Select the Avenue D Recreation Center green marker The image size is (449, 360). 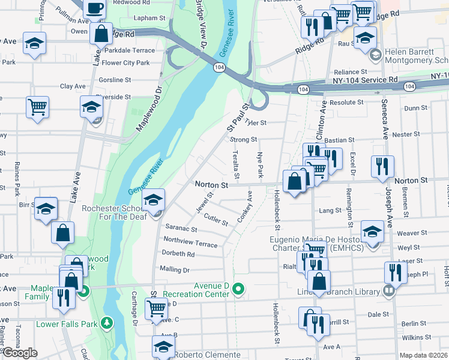click(238, 289)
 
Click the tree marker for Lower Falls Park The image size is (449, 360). click(107, 324)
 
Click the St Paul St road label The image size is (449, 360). click(237, 118)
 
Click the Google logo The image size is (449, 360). click(20, 353)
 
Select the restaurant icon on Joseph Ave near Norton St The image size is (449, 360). click(382, 166)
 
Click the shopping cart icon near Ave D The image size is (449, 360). click(157, 308)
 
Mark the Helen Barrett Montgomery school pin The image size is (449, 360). click(376, 56)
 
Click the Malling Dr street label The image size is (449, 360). click(174, 270)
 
